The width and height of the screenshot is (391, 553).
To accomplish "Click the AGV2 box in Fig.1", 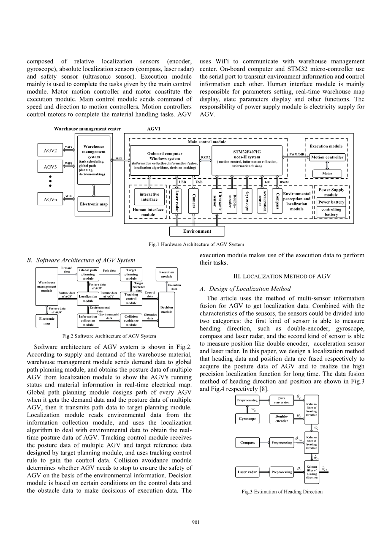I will click(x=50, y=150).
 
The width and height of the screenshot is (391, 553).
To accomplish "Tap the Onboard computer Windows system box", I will click(x=165, y=160).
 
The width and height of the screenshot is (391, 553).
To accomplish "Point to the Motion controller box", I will click(x=327, y=157).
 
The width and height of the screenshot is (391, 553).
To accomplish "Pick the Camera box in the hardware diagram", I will click(x=194, y=201).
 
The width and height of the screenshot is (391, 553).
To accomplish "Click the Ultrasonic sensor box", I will click(x=217, y=201).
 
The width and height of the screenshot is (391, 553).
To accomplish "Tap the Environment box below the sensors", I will click(x=197, y=231).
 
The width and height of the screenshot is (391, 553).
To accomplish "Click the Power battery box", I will click(x=331, y=202).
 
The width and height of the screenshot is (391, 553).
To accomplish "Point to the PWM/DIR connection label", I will click(x=296, y=155).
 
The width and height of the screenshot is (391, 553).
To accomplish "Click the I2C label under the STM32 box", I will click(x=267, y=182).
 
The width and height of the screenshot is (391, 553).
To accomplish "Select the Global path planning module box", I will click(x=88, y=274).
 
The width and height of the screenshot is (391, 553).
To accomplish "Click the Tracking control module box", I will click(x=131, y=298).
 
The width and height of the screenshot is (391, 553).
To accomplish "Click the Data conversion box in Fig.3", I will click(x=282, y=400).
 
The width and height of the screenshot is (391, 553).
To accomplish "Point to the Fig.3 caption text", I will click(x=282, y=491).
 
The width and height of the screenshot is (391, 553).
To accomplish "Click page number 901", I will click(x=195, y=523).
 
